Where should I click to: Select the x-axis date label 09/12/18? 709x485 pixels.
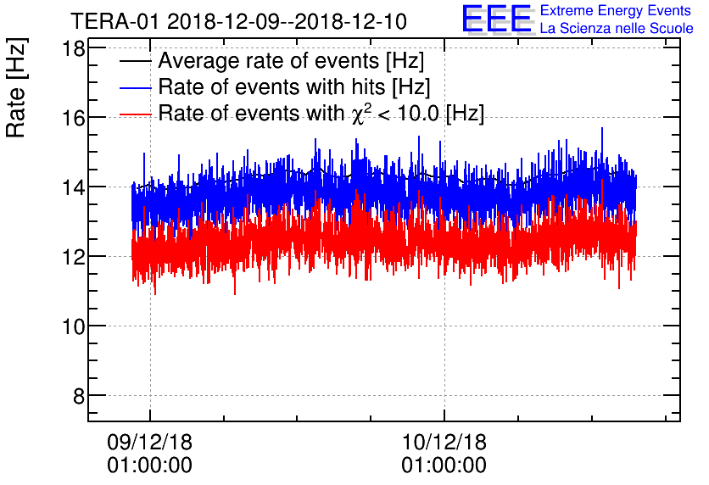(149, 443)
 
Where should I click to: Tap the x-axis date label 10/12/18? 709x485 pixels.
(444, 443)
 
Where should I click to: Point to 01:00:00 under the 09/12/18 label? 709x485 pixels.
(149, 465)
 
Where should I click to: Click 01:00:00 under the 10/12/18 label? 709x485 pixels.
(444, 465)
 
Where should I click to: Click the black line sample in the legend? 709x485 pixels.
(135, 62)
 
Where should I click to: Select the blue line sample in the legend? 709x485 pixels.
(135, 87)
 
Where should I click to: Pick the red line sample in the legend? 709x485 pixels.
(135, 113)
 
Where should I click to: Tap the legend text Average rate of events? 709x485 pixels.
(291, 62)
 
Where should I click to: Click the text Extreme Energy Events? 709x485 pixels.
(617, 11)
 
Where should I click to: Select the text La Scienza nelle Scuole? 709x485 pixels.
(617, 29)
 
